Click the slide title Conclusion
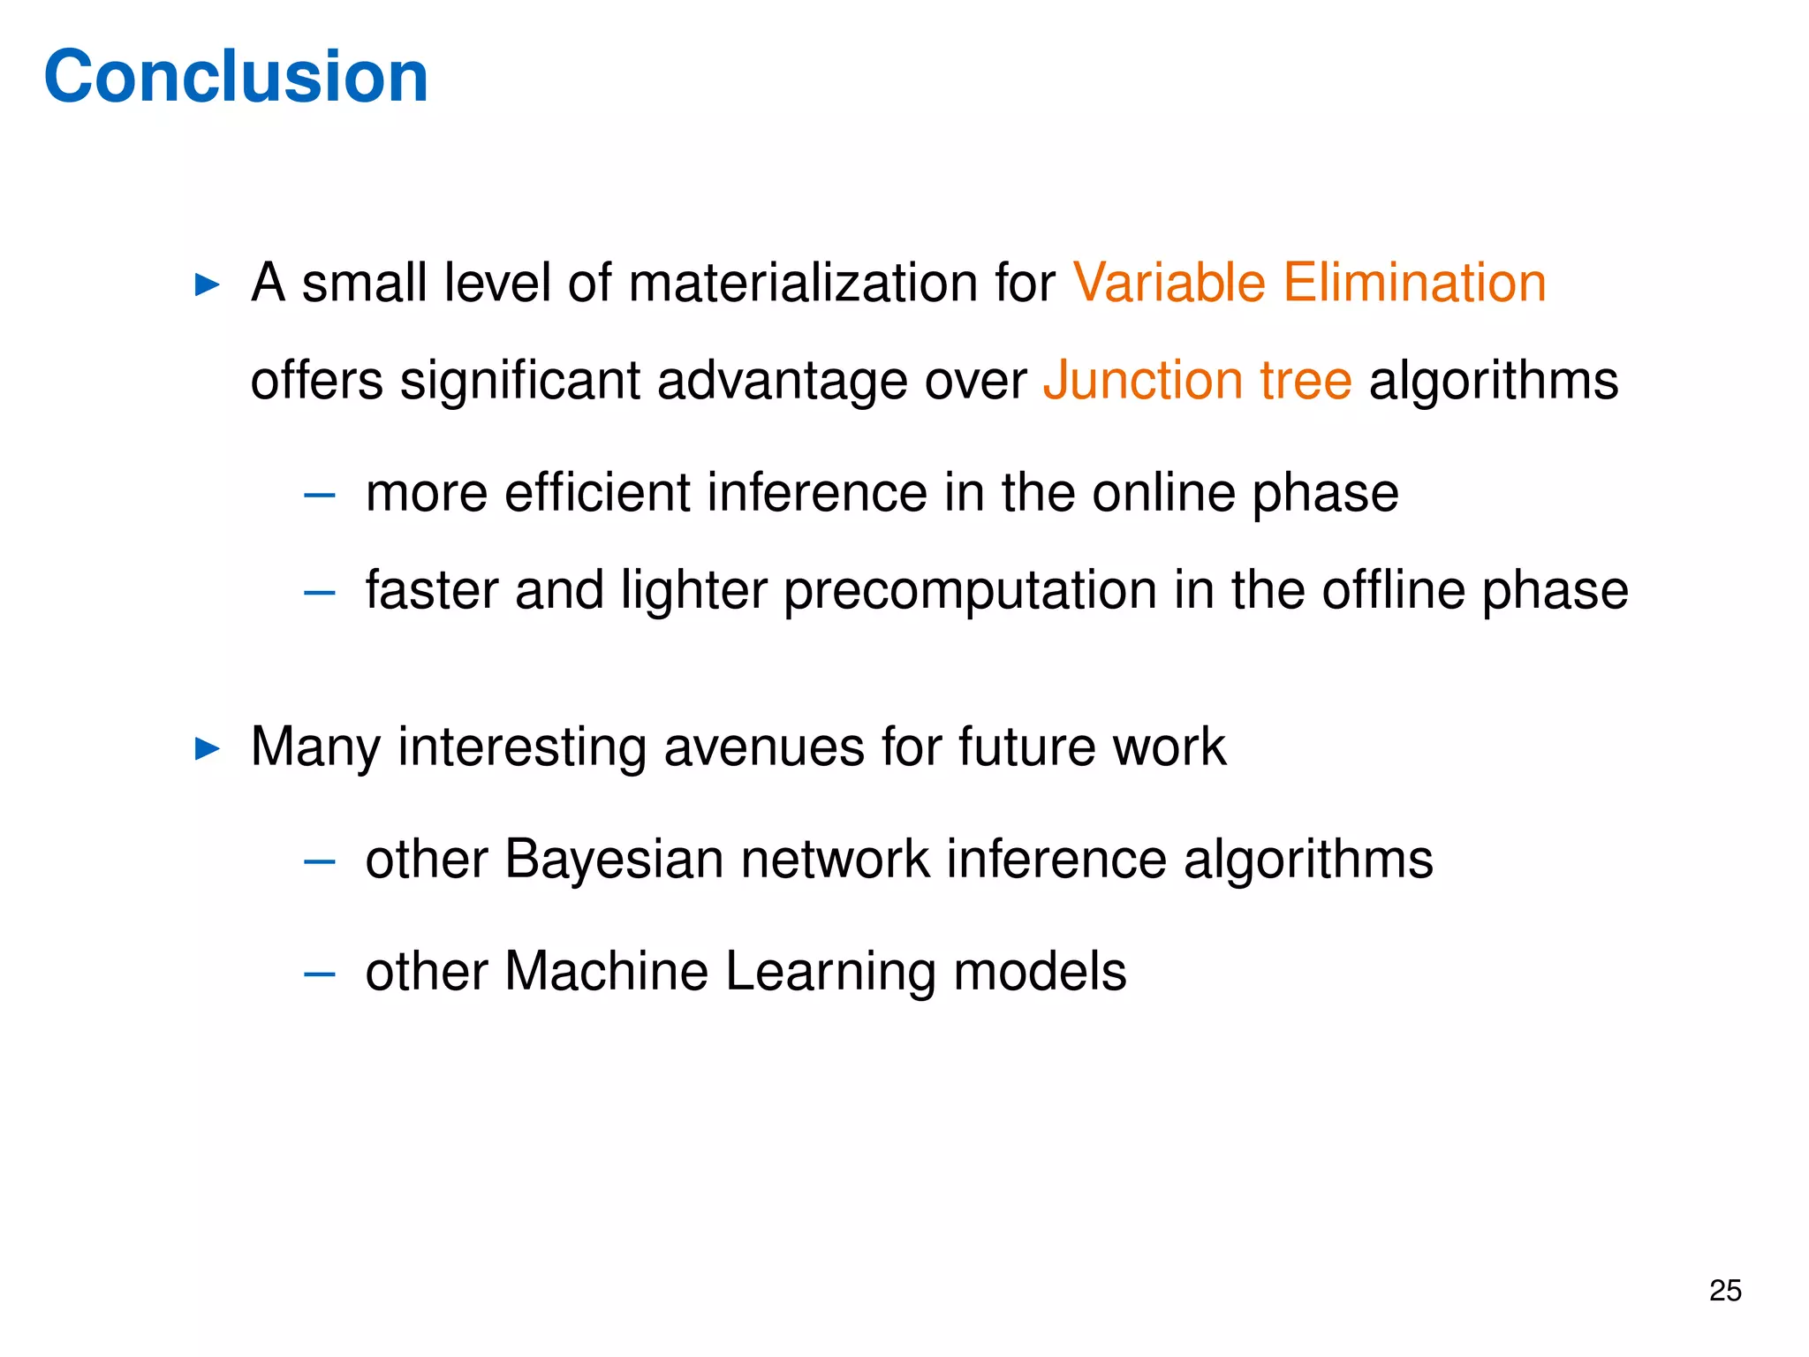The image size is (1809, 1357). pyautogui.click(x=236, y=77)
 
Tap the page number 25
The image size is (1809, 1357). pyautogui.click(x=1724, y=1291)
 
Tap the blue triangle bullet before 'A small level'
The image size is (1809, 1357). pyautogui.click(x=207, y=284)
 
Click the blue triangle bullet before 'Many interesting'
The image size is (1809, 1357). pyautogui.click(x=207, y=749)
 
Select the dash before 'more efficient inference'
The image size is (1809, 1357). pyautogui.click(x=319, y=495)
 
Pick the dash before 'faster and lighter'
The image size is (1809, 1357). pyautogui.click(x=319, y=592)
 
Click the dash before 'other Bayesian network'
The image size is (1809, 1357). pyautogui.click(x=319, y=860)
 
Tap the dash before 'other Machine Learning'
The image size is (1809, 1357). pyautogui.click(x=319, y=974)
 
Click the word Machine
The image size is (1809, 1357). pyautogui.click(x=606, y=971)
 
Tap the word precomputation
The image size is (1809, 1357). pyautogui.click(x=970, y=592)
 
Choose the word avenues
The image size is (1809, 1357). pyautogui.click(x=763, y=747)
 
